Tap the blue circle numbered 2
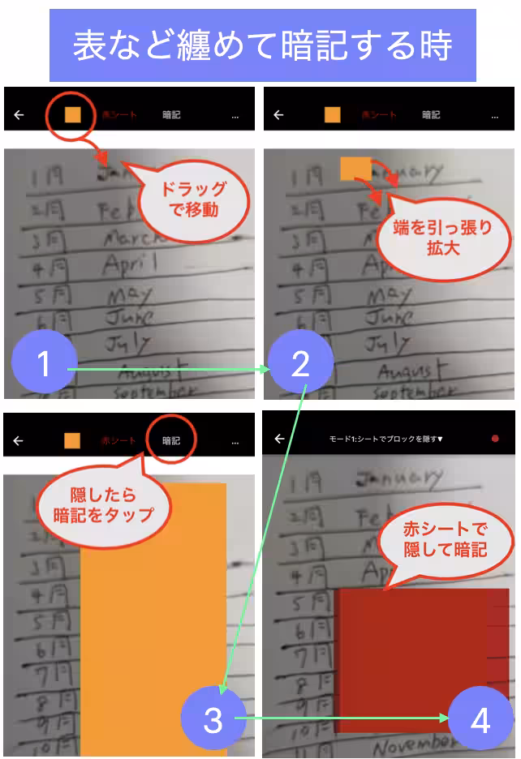coord(300,364)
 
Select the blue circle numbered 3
coord(213,719)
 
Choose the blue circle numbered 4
coord(480,719)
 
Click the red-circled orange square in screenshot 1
coord(73,114)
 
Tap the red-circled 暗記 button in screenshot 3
coord(171,441)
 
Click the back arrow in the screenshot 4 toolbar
coord(279,439)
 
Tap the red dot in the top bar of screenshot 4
coord(495,439)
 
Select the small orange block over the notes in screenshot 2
coord(355,169)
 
